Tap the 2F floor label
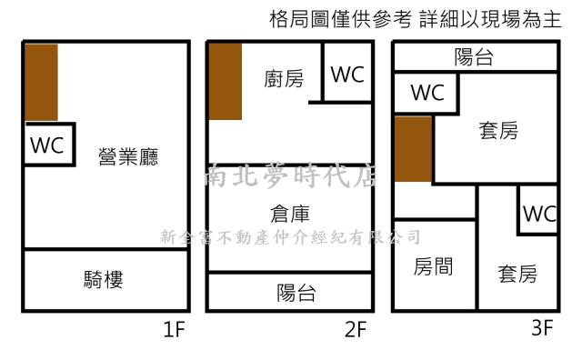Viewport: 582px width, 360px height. click(355, 329)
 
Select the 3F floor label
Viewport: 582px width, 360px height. click(543, 328)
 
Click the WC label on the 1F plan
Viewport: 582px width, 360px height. click(47, 145)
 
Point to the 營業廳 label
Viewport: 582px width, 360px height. click(128, 157)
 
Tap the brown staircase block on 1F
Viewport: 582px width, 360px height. click(41, 82)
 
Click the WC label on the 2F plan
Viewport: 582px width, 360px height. click(346, 75)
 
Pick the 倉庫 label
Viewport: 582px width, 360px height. click(291, 214)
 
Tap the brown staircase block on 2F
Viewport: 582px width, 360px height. click(225, 81)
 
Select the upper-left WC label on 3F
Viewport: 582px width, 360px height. click(426, 93)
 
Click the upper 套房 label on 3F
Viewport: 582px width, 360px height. click(498, 132)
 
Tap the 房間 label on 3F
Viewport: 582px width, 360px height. click(434, 267)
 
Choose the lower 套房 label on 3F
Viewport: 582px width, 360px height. click(517, 273)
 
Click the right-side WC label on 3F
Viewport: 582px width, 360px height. click(538, 215)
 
